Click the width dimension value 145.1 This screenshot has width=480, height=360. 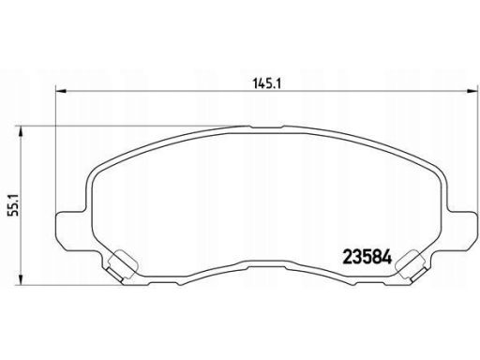[x=267, y=82]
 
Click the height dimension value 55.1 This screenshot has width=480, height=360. [x=14, y=204]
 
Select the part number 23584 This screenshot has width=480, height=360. [x=367, y=258]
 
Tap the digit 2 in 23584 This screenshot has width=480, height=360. [x=348, y=258]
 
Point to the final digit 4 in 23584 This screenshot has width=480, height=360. [x=387, y=258]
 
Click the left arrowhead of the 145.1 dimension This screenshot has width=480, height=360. [x=61, y=91]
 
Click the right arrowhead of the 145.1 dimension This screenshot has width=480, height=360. [x=472, y=91]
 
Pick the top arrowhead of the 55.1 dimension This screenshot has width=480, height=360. [x=21, y=131]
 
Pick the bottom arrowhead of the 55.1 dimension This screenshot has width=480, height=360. [x=21, y=279]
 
